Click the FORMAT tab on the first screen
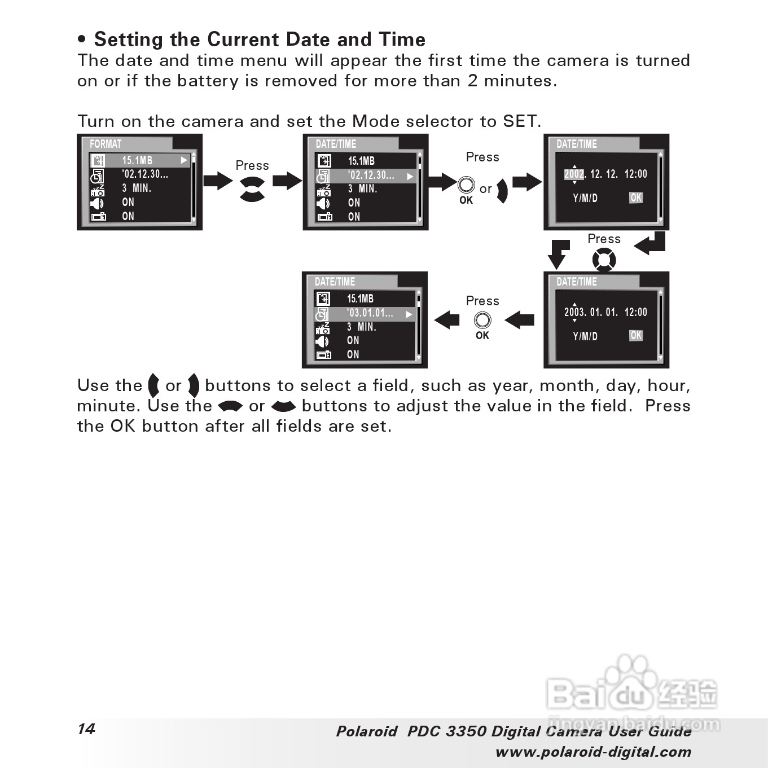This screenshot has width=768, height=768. point(106,144)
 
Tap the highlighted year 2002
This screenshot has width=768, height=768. point(573,174)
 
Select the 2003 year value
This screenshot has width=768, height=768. point(574,312)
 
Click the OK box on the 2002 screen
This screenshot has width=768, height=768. point(636,198)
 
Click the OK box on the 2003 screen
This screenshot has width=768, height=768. point(636,335)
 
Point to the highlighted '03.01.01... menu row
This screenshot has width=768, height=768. point(365,313)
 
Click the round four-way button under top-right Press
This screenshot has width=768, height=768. point(604,260)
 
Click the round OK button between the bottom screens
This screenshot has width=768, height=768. point(482,321)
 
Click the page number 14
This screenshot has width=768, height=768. point(86,728)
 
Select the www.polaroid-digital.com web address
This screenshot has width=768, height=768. point(593,752)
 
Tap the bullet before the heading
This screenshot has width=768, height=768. point(82,40)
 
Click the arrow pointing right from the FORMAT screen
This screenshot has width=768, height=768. point(218,181)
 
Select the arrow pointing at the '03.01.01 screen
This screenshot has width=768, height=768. point(447,320)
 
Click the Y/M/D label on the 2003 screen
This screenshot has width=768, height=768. point(585,336)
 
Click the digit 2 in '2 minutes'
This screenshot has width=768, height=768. point(472,81)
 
